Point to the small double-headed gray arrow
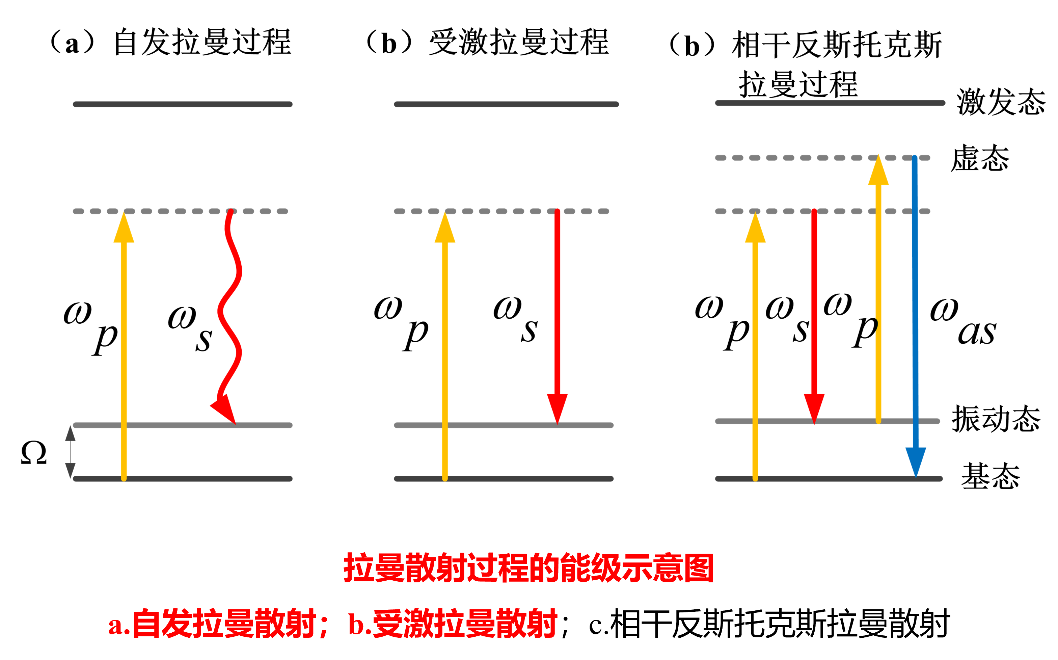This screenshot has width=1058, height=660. click(70, 452)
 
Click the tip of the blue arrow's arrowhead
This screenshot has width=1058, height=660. click(916, 476)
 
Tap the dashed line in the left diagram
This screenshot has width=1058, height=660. click(180, 211)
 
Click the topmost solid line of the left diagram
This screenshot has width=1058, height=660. click(182, 104)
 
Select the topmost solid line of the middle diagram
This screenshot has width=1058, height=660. click(506, 104)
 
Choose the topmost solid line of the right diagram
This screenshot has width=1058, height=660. click(830, 103)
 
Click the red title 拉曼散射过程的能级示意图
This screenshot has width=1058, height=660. click(528, 568)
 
